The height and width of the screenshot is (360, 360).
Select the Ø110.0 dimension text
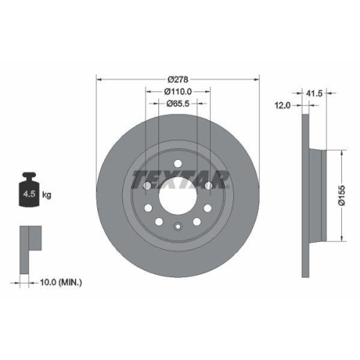coord(178,91)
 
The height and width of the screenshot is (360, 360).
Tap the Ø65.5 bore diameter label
coord(178,103)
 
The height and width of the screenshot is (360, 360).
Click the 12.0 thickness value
coord(282,106)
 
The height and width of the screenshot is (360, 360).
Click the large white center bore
coord(178,194)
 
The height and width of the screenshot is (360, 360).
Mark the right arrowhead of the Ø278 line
coord(258,79)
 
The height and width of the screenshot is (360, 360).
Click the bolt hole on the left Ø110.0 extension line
coord(147,186)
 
